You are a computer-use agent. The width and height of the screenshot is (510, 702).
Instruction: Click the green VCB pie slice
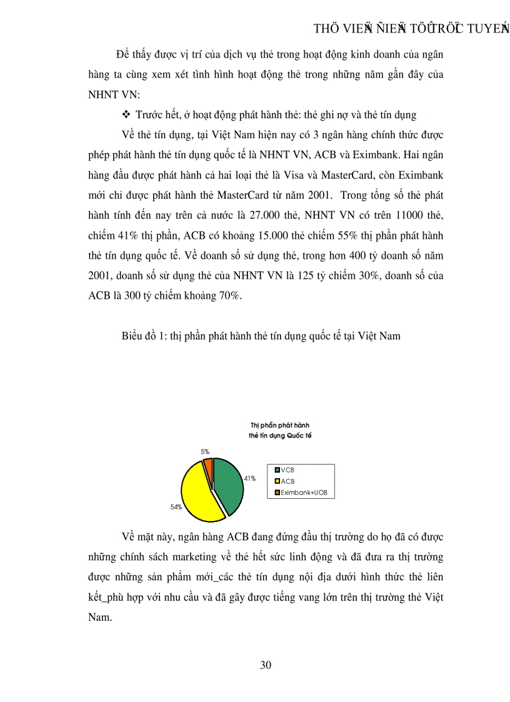228,485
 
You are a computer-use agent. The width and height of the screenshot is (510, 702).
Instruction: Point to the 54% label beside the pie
176,507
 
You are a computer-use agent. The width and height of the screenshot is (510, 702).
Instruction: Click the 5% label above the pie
205,451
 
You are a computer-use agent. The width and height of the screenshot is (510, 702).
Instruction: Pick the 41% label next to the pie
250,478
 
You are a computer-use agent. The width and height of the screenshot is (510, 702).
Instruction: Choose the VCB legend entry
288,470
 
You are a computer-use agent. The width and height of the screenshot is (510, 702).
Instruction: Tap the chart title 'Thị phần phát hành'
276,425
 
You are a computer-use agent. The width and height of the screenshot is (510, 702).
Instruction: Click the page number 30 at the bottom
266,664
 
